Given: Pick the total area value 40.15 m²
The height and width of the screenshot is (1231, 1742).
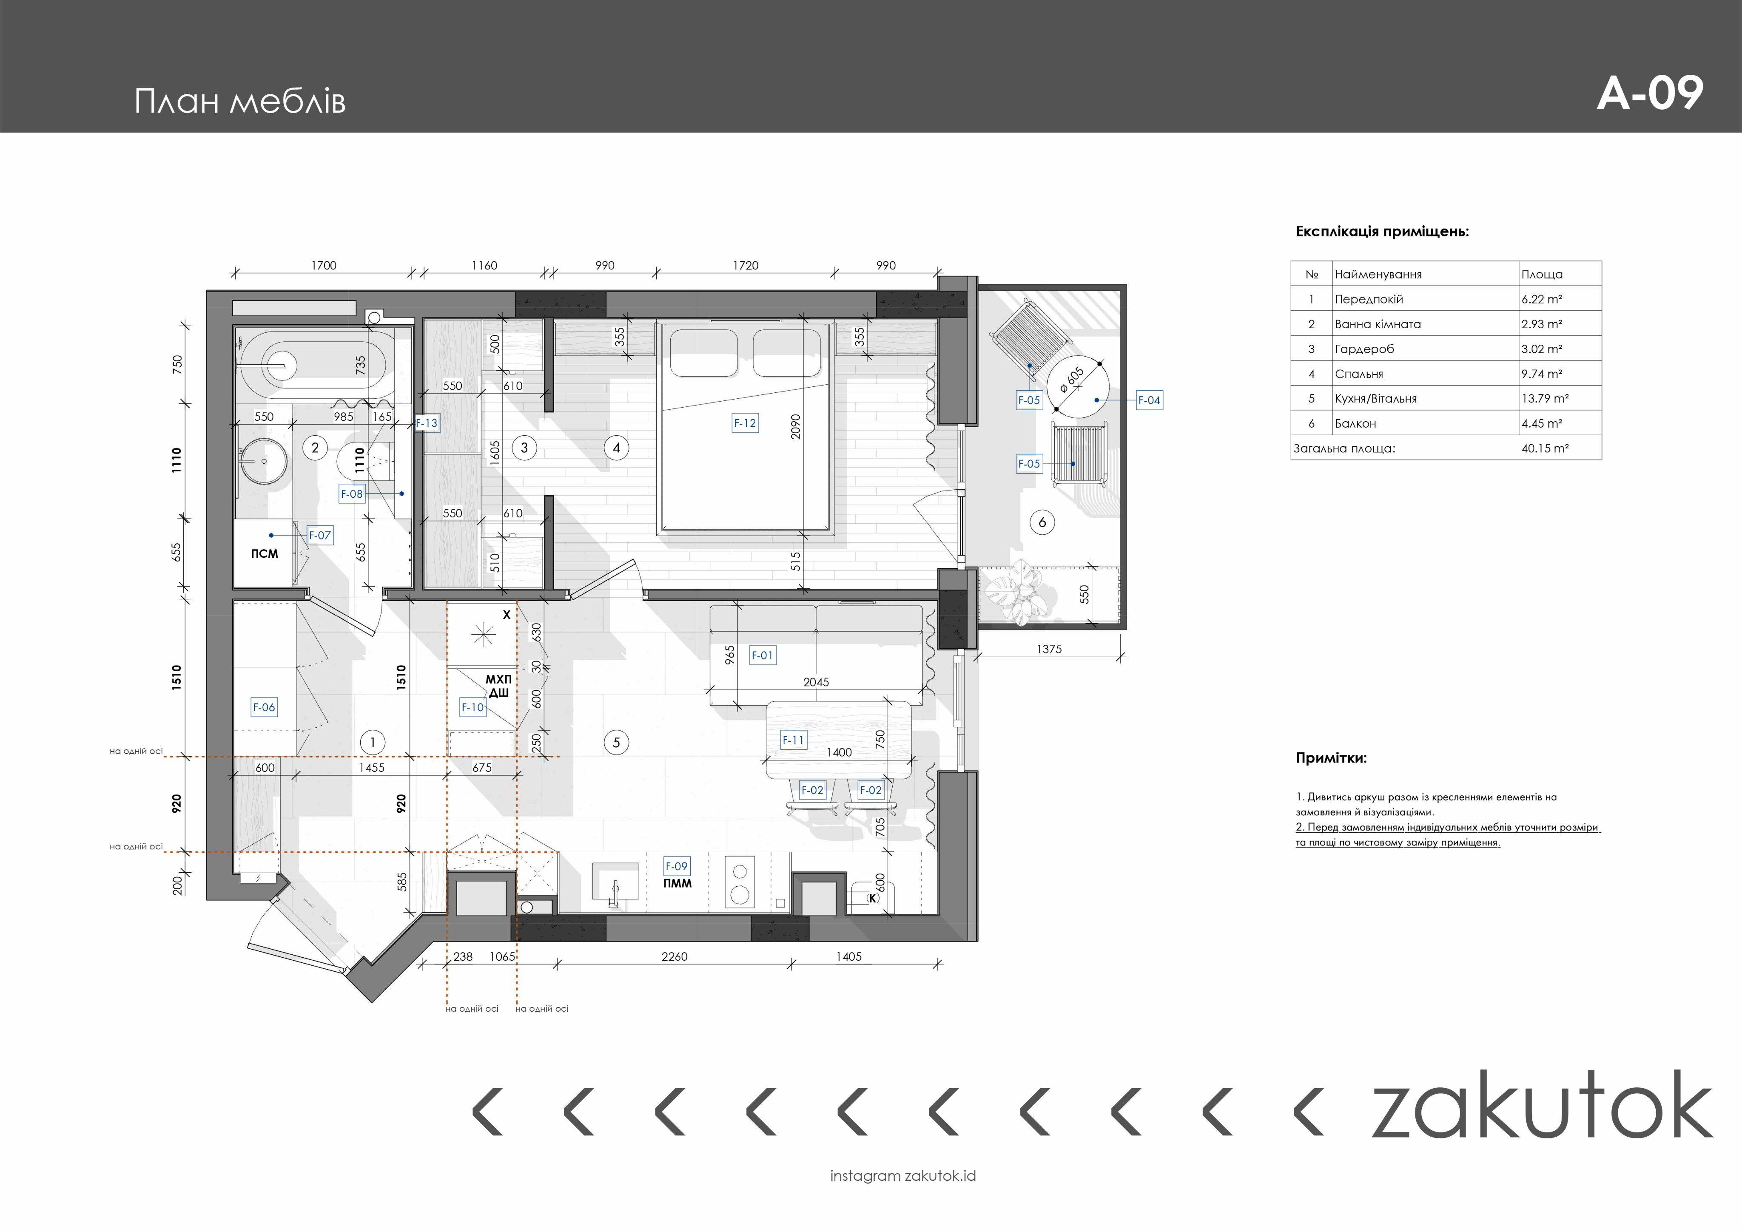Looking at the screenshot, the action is tap(1545, 448).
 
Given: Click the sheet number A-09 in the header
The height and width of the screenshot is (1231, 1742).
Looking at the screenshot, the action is tap(1650, 93).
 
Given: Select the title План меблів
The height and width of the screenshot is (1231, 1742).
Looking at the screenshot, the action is tap(240, 101).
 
